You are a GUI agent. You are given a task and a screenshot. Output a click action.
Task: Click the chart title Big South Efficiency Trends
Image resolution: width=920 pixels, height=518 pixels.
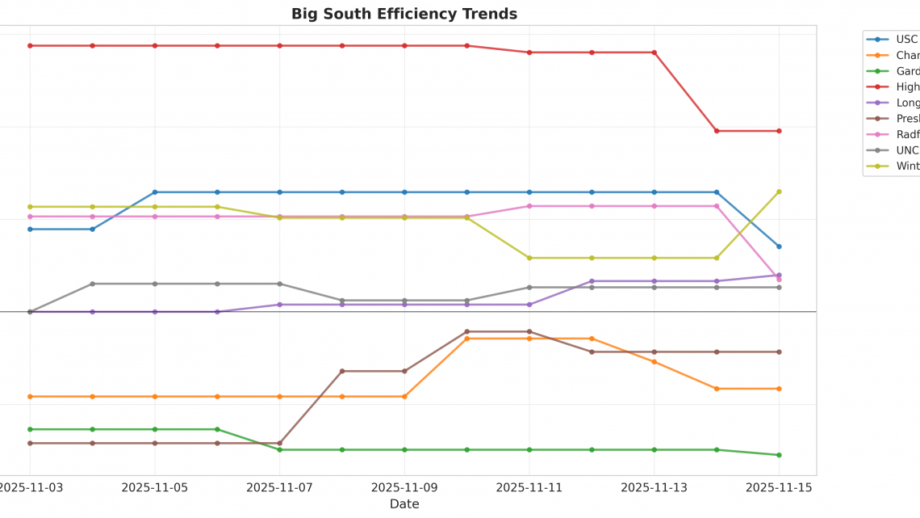click(x=404, y=14)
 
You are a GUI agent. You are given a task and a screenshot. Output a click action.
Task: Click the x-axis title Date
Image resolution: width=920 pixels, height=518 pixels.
click(x=404, y=504)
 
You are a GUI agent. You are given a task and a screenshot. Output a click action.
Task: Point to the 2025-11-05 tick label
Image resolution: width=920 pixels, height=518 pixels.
click(x=155, y=487)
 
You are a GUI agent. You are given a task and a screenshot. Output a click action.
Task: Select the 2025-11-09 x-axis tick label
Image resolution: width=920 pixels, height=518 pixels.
click(x=404, y=487)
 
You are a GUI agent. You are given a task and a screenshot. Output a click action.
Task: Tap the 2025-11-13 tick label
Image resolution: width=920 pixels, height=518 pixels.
click(x=654, y=487)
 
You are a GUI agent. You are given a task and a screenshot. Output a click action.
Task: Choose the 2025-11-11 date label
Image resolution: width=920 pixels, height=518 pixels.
click(x=529, y=487)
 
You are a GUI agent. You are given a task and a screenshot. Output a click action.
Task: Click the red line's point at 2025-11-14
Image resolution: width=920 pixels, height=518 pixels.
click(x=717, y=131)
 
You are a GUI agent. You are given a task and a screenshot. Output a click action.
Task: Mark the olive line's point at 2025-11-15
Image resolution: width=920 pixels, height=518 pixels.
click(x=779, y=192)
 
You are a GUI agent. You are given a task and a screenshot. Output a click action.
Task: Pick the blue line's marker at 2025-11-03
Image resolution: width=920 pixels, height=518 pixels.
click(x=30, y=230)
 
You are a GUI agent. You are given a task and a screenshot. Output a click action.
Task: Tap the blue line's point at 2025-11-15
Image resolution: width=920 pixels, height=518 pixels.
click(x=779, y=246)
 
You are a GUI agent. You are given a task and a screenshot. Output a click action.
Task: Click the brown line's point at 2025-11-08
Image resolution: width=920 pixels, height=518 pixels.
click(x=342, y=371)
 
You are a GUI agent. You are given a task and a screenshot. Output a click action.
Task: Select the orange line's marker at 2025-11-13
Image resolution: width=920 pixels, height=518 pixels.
click(x=654, y=361)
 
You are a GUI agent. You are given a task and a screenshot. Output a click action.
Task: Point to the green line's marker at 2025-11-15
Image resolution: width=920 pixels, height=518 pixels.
click(x=779, y=455)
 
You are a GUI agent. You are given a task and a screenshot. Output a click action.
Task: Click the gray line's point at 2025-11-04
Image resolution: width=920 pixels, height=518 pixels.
click(x=92, y=284)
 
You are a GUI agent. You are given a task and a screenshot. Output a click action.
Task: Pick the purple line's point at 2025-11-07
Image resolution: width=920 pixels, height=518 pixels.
click(x=280, y=305)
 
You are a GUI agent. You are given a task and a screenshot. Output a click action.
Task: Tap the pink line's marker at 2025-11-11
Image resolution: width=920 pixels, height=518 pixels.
click(x=529, y=206)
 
